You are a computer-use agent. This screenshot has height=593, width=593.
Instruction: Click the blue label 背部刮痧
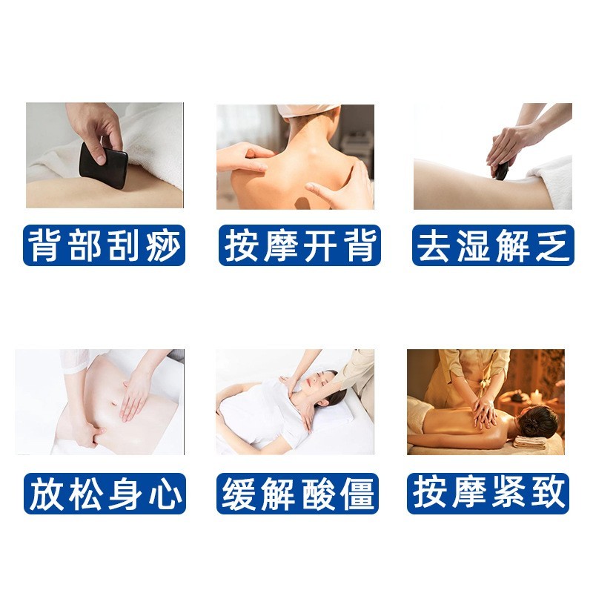coord(104,245)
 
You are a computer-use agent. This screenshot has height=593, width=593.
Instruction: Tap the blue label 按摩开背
coord(299,245)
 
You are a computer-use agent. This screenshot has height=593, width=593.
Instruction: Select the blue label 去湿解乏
coord(493,245)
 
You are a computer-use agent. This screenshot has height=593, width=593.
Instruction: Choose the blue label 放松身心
coord(104,493)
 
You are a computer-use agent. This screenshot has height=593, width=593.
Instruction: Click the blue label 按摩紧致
coord(489,493)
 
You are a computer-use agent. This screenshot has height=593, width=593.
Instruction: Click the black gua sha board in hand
coord(105,162)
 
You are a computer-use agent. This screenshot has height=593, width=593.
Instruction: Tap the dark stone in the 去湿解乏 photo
coord(501,171)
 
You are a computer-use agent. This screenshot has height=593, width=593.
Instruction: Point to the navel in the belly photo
coord(113,405)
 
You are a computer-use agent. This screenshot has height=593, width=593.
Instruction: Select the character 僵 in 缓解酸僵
coord(356,493)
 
